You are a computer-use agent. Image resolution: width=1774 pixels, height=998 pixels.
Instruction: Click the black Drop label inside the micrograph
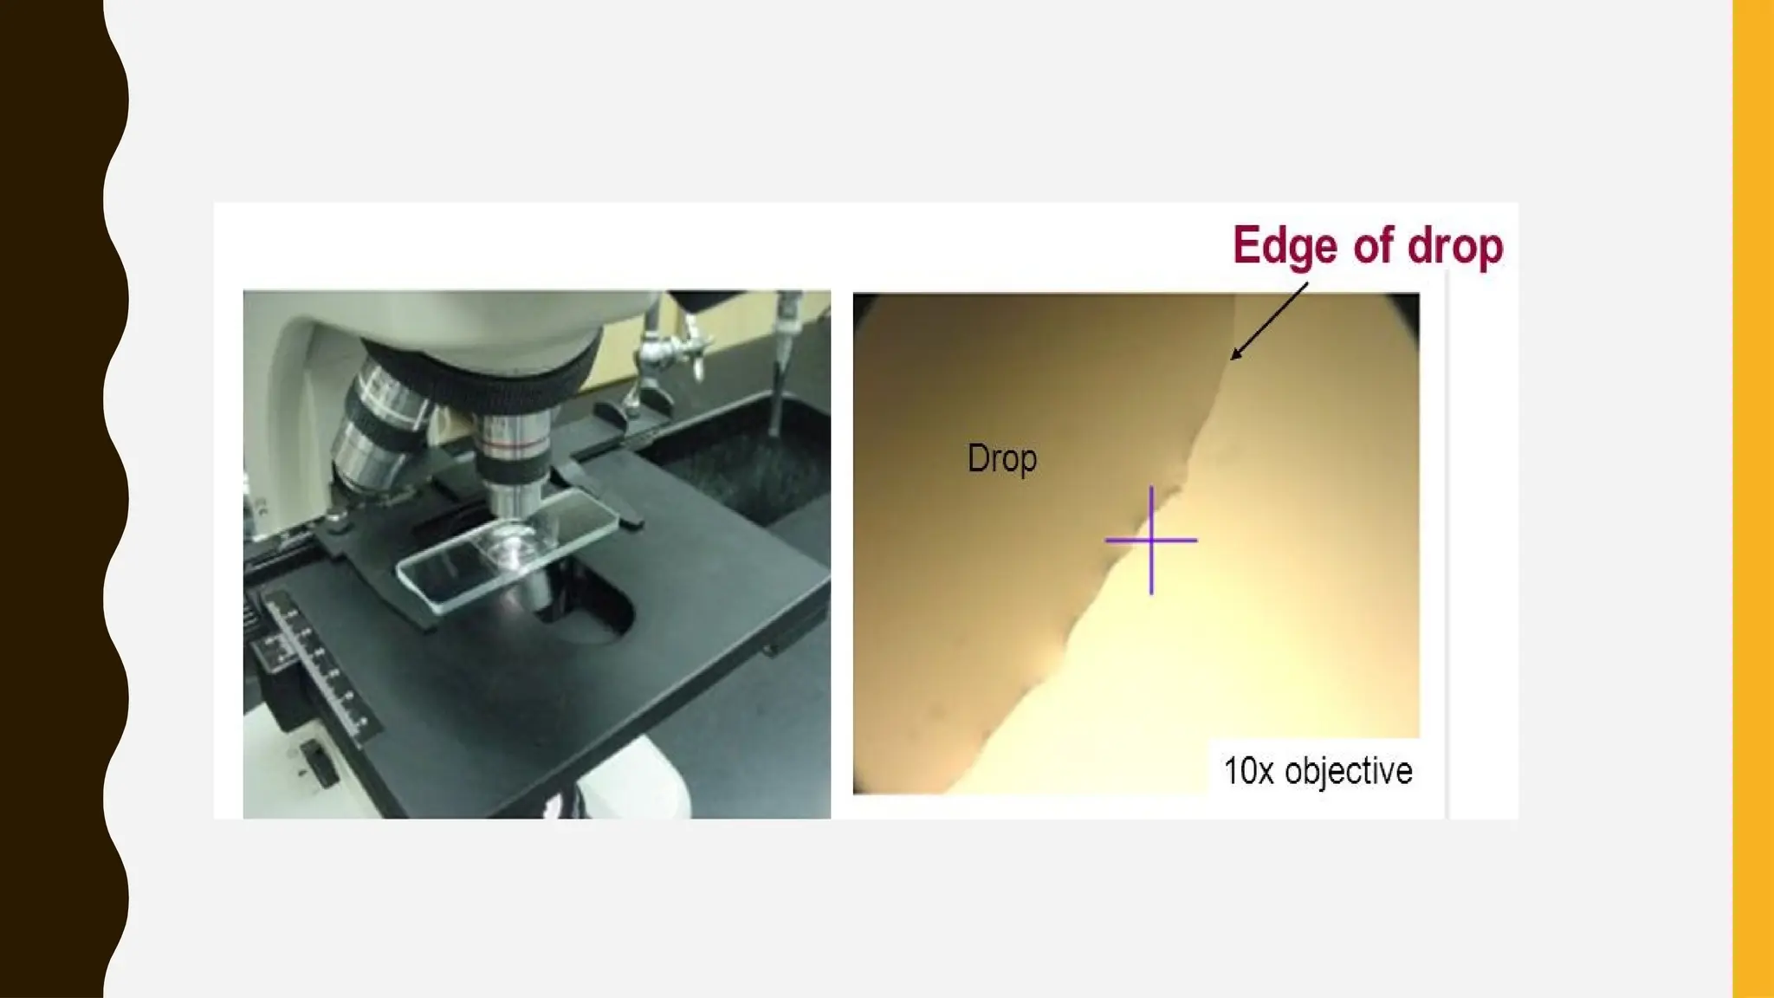point(1001,458)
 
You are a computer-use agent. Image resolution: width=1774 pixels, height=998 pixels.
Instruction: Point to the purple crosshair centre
point(1151,541)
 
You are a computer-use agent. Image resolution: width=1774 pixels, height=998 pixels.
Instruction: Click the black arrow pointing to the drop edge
point(1269,321)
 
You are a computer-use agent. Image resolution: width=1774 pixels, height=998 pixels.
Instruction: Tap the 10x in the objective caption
point(1247,770)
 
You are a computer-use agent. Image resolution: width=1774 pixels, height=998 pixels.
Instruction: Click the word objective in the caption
point(1348,771)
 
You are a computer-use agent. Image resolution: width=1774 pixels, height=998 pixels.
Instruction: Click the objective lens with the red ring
point(516,459)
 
